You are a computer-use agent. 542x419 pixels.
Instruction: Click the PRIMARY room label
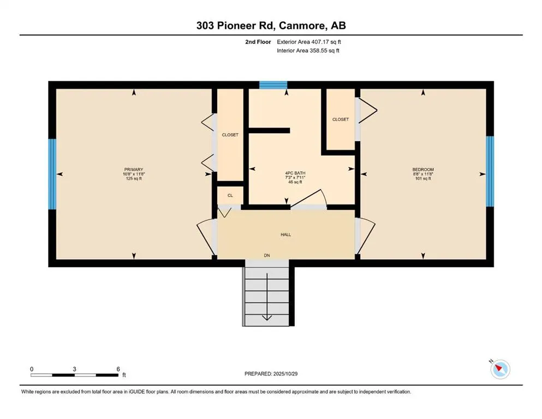pos(133,170)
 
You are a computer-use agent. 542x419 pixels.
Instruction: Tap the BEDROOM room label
pos(422,170)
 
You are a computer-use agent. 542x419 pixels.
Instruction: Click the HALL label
pos(285,235)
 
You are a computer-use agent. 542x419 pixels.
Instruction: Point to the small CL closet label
pos(230,195)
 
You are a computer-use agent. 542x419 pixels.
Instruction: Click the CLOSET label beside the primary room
pos(230,135)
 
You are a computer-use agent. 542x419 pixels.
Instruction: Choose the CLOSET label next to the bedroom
pos(340,119)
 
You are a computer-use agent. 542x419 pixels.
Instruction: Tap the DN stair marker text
pos(267,255)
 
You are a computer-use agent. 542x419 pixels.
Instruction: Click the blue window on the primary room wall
pos(52,174)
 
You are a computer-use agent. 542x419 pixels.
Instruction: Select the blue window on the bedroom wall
pos(490,171)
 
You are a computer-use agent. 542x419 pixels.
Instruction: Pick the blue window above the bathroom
pos(273,85)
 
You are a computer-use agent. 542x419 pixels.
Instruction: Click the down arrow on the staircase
pos(267,316)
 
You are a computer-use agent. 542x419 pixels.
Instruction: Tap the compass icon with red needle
pos(499,369)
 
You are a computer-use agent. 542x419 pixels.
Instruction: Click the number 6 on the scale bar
pos(118,369)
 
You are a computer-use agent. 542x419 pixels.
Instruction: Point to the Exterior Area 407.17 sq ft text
pos(312,41)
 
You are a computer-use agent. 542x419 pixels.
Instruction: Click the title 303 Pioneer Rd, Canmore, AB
pos(271,25)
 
